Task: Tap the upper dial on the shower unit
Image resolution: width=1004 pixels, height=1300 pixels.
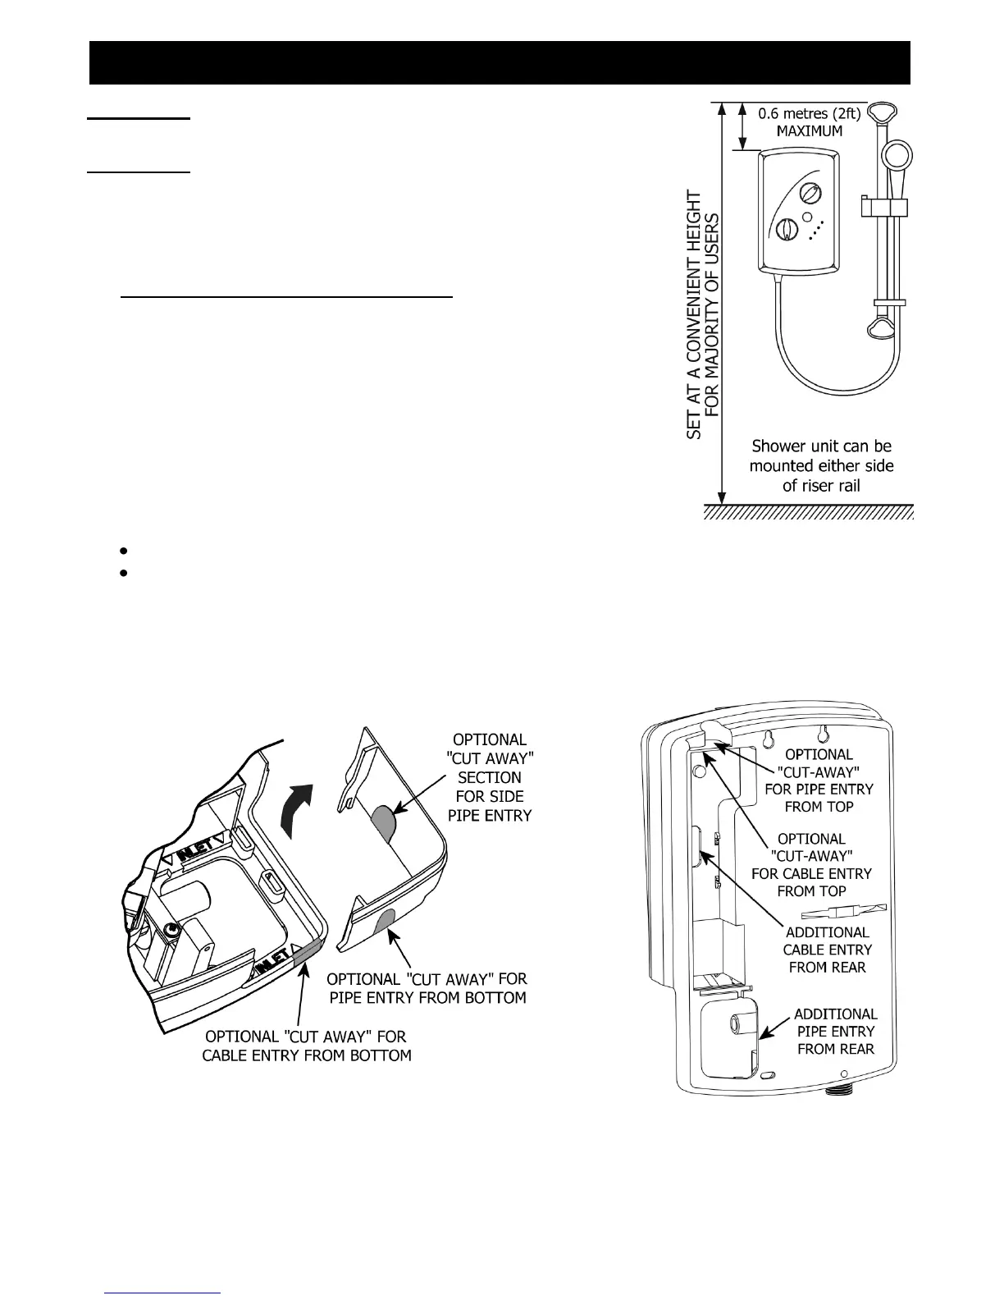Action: pyautogui.click(x=810, y=195)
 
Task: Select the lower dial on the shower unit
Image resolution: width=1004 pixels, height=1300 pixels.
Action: pyautogui.click(x=786, y=231)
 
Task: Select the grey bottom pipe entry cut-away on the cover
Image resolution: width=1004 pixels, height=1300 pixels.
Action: pyautogui.click(x=383, y=921)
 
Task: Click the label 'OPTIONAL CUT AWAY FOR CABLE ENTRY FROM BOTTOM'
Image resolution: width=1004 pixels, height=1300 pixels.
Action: pyautogui.click(x=307, y=1046)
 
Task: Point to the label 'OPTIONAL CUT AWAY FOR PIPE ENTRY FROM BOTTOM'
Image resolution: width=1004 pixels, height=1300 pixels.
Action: pyautogui.click(x=427, y=988)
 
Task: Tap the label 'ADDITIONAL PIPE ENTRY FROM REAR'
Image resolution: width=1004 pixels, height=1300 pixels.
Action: pyautogui.click(x=835, y=1031)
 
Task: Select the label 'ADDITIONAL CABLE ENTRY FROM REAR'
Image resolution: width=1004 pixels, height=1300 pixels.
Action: pyautogui.click(x=827, y=950)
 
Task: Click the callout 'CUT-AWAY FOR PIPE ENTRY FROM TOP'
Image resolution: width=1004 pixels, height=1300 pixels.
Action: pyautogui.click(x=819, y=780)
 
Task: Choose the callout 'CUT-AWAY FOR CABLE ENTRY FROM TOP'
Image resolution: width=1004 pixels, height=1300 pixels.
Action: pyautogui.click(x=811, y=864)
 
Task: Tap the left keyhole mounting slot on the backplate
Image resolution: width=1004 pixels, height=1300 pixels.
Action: pyautogui.click(x=768, y=740)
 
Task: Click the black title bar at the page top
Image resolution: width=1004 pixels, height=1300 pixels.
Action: pyautogui.click(x=500, y=62)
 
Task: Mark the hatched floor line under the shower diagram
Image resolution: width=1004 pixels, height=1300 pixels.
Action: pyautogui.click(x=809, y=512)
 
